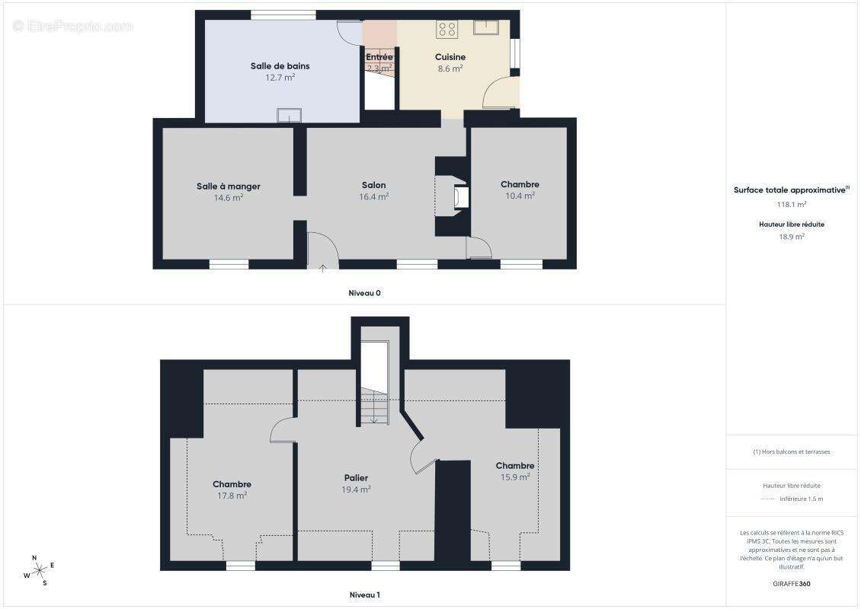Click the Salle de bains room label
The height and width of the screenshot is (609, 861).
point(280,65)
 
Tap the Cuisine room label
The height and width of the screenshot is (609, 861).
point(450,57)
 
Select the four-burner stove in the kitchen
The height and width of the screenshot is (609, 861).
point(447,29)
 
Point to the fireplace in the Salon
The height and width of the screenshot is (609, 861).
point(461,197)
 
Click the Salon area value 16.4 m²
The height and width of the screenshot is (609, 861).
point(374,196)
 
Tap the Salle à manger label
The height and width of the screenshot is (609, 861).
point(229,186)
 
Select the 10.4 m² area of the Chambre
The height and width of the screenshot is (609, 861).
point(520,196)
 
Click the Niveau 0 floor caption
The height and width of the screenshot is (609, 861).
point(365,293)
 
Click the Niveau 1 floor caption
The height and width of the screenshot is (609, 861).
point(365,595)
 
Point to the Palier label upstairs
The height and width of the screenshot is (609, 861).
point(356,478)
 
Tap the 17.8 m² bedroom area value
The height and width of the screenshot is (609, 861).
point(232,496)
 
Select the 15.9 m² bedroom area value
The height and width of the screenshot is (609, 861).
point(515,477)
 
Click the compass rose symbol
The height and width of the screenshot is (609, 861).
point(39,571)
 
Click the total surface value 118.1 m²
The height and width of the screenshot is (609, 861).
point(791,204)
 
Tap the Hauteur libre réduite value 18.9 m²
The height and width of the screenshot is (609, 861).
point(791,237)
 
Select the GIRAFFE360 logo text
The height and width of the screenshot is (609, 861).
point(791,584)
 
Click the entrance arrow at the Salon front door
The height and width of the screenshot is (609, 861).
point(323,268)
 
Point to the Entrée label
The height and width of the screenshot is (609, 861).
point(379,57)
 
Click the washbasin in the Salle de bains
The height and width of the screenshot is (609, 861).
point(290,115)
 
